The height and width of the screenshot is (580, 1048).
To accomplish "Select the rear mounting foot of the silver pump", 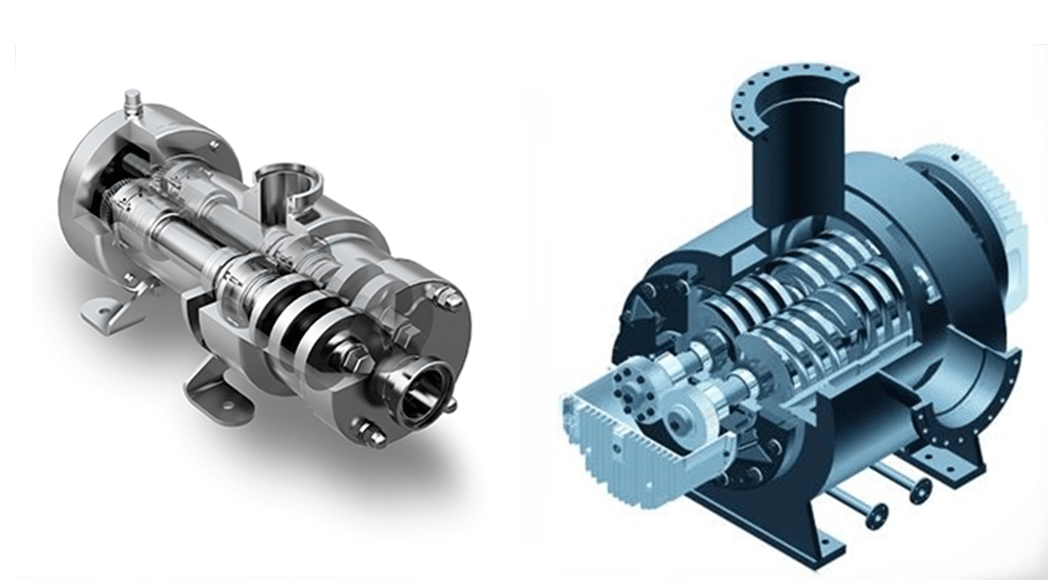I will (105, 304).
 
